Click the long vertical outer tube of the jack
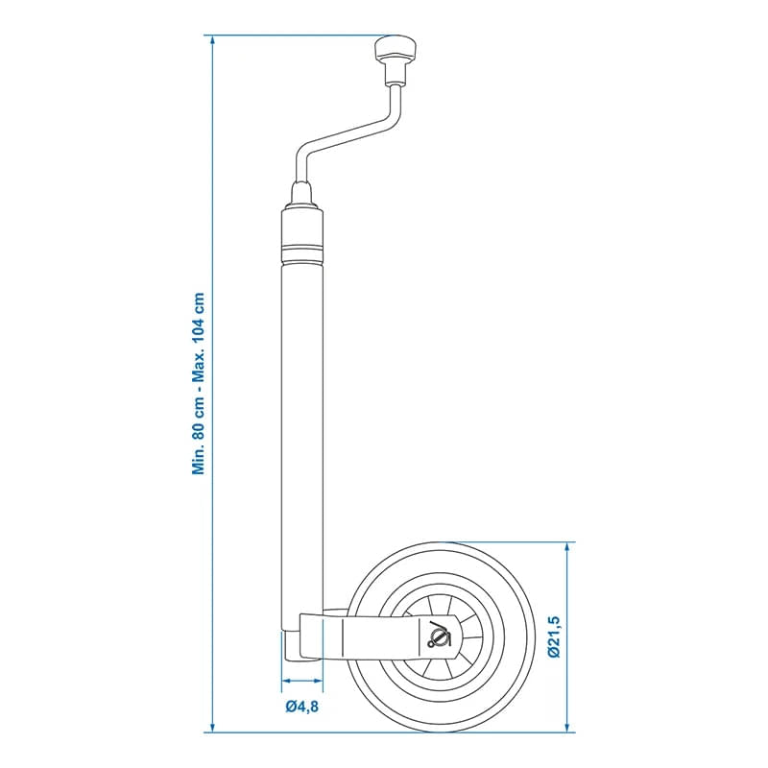coord(302,432)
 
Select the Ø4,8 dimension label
coord(301,708)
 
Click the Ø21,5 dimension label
coord(554,636)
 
